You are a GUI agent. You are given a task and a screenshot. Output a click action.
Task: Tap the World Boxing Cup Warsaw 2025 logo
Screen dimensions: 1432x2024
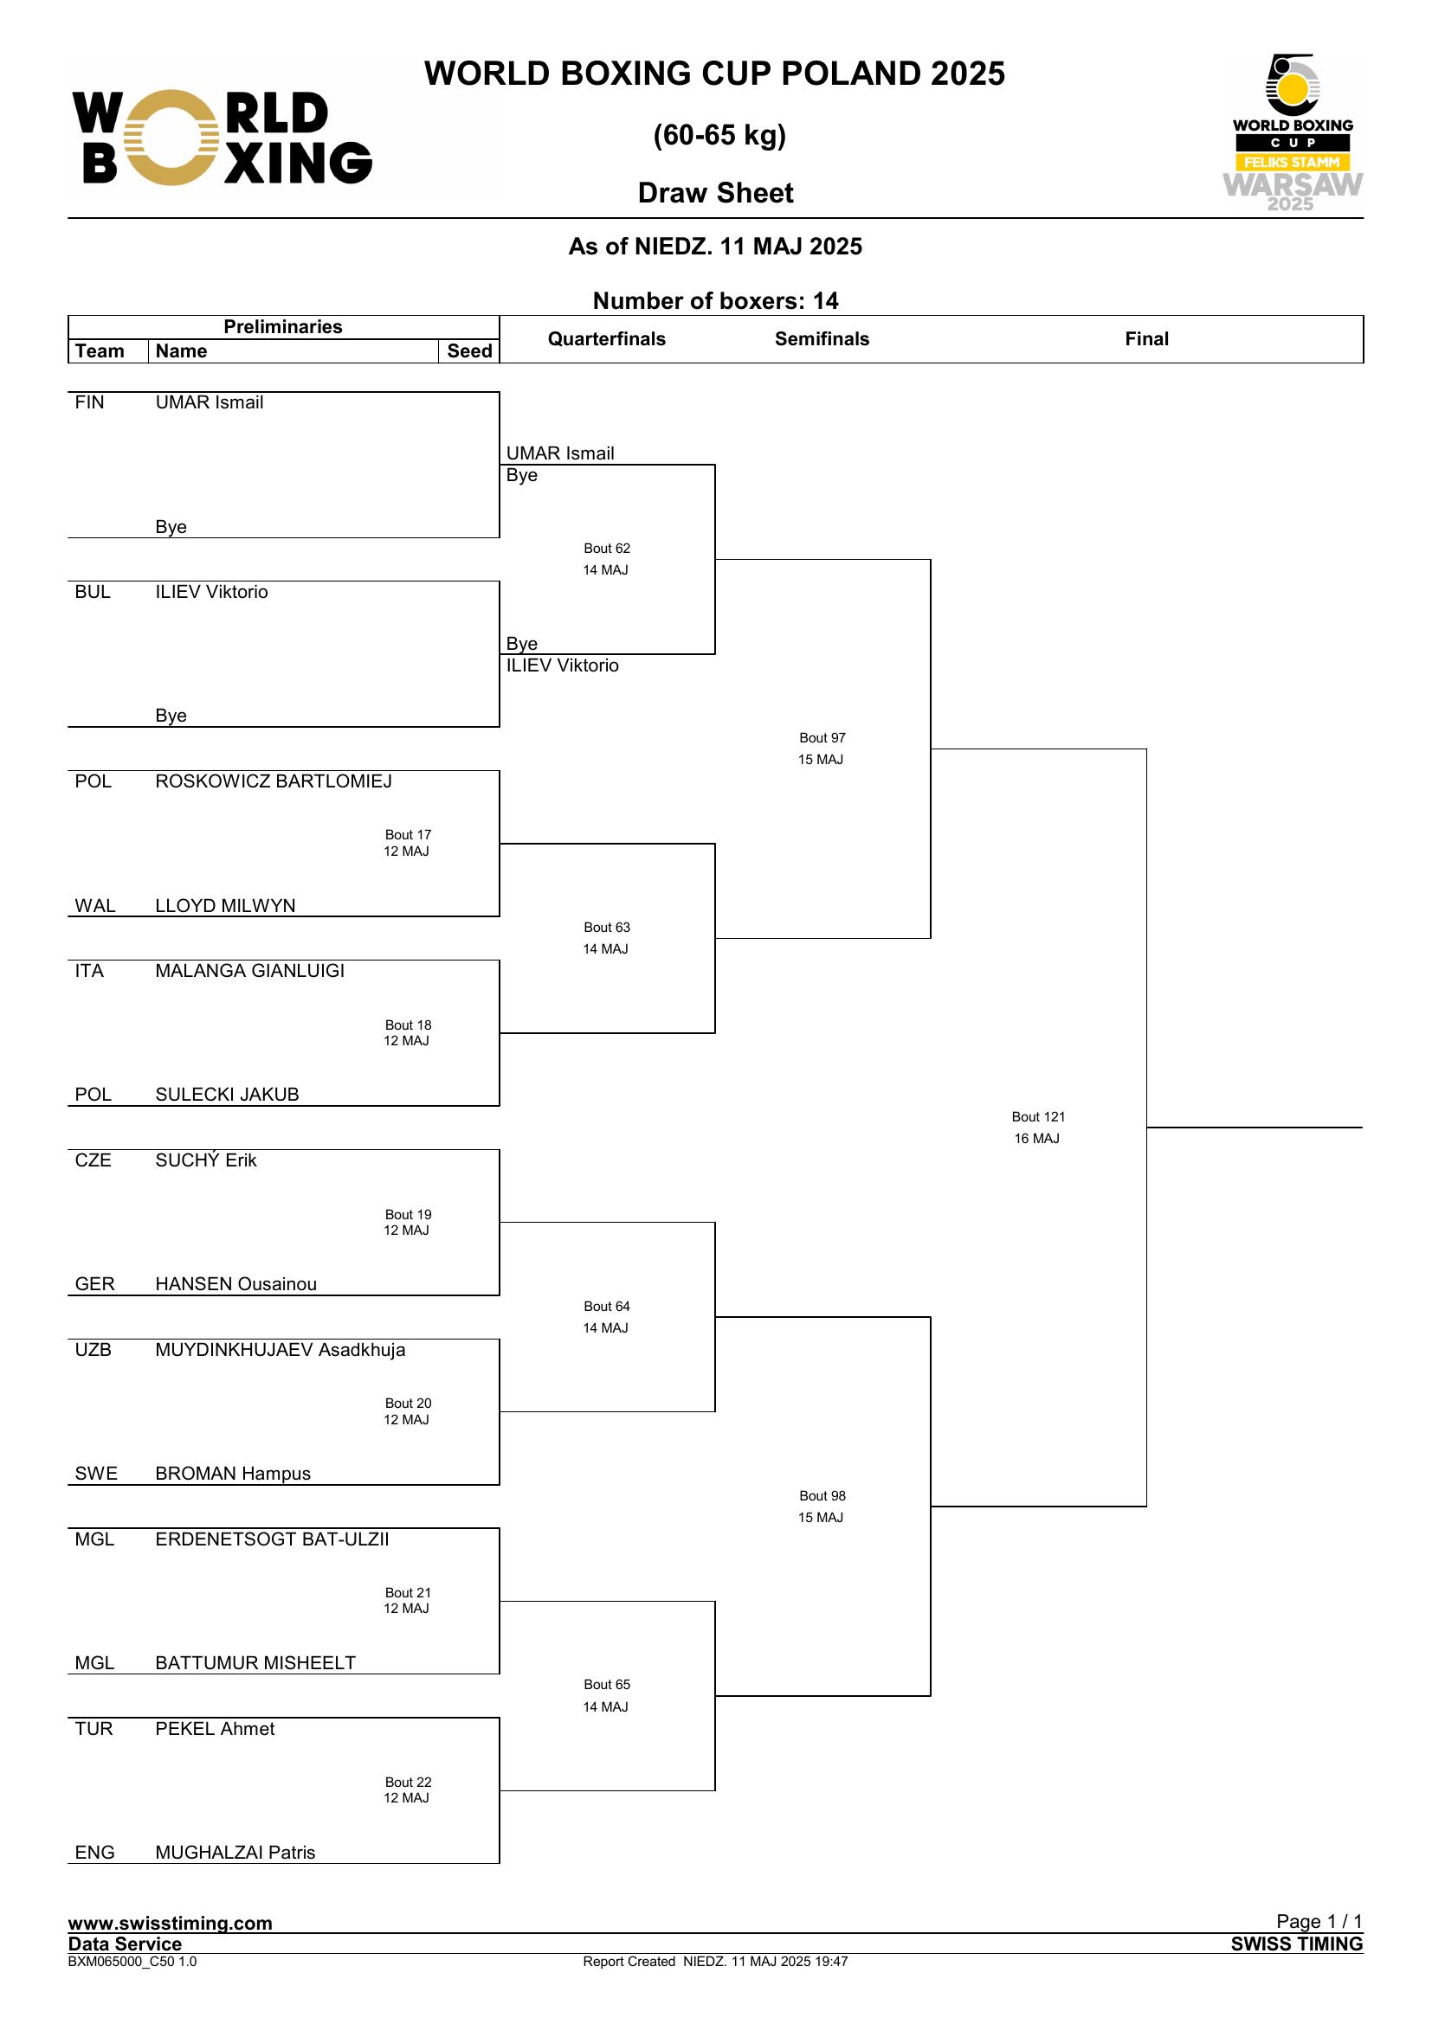(1293, 132)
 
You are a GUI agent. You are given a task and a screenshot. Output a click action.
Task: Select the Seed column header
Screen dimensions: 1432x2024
(469, 350)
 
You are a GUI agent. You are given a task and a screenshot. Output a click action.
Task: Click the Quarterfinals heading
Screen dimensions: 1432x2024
(607, 338)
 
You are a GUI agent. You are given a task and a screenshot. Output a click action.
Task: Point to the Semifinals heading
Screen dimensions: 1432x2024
(822, 338)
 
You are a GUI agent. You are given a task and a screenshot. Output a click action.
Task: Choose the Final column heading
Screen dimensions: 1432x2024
(1146, 338)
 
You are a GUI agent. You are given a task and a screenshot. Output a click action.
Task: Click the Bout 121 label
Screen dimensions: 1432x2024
(1038, 1117)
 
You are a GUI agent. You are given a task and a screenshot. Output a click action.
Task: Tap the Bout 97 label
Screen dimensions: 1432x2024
(822, 738)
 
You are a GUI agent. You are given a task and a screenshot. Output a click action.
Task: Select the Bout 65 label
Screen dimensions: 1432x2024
(607, 1685)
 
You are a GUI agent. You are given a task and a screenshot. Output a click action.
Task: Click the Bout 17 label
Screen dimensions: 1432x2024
(409, 835)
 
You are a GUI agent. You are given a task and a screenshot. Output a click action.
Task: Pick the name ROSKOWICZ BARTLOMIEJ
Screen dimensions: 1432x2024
(274, 781)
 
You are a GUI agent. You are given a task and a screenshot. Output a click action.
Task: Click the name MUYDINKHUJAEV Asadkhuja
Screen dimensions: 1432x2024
(281, 1350)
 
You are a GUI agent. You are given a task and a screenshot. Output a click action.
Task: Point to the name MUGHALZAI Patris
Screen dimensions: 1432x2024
(235, 1852)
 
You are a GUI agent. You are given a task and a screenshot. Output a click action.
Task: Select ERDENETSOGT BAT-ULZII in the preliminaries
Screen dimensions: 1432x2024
(272, 1539)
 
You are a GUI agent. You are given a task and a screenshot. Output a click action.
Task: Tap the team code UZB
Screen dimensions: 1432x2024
(94, 1350)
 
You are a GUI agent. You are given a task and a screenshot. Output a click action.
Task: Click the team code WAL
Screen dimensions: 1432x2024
(95, 905)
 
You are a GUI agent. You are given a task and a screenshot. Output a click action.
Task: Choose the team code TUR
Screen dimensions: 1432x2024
(94, 1729)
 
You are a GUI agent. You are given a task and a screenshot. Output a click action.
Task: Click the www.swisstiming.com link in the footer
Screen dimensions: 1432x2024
(171, 1923)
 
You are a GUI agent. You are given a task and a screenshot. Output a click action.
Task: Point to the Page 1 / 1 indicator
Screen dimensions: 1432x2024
(1319, 1921)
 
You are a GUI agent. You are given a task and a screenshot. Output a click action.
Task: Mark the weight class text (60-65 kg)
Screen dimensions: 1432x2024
(719, 135)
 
